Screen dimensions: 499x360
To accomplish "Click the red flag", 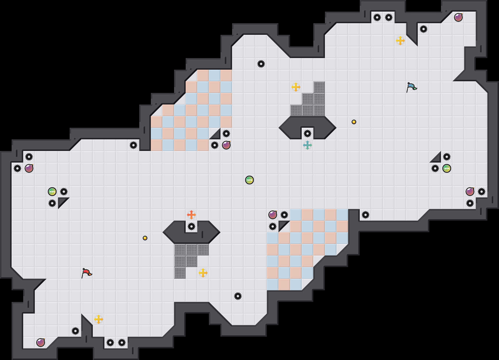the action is [x=86, y=273].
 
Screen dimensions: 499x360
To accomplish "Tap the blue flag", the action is [x=411, y=87].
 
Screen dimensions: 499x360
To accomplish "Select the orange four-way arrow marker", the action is [x=191, y=215].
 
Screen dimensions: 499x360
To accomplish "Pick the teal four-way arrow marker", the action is [x=307, y=145].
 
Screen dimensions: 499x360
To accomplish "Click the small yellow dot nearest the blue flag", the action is [x=354, y=122].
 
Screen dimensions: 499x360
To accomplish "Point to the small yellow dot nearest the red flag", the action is [x=145, y=238].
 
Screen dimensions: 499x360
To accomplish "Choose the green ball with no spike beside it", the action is [x=249, y=180].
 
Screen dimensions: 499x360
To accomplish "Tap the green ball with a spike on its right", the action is [x=52, y=192].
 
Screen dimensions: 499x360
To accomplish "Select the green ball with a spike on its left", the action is [x=446, y=168].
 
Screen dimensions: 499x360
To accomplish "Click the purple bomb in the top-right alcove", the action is [x=458, y=17].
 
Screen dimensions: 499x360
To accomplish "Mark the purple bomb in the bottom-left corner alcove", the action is [x=40, y=343].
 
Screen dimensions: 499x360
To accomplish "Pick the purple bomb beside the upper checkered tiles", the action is [x=226, y=145].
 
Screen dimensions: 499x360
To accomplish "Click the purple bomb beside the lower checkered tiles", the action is [x=272, y=215].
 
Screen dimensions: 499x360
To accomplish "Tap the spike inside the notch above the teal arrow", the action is [x=307, y=134].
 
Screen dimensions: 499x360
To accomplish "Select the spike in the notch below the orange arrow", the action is [x=191, y=226].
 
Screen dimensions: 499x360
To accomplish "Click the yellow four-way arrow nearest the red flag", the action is [x=98, y=319].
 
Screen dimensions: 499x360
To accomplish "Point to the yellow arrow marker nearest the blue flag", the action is [x=400, y=41].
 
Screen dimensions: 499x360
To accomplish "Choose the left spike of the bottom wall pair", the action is [x=110, y=343].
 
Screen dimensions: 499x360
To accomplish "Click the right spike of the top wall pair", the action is [x=388, y=17].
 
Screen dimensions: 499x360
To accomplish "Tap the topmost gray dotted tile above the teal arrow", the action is [x=319, y=87].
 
